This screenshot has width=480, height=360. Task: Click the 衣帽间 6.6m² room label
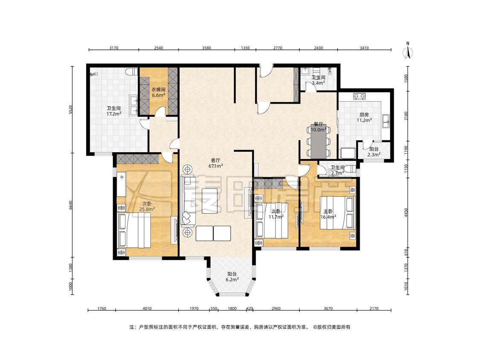click(159, 93)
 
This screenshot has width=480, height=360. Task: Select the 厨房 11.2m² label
click(364, 118)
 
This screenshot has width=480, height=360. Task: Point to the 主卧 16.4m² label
click(328, 214)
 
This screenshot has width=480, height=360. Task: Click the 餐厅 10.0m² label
click(318, 127)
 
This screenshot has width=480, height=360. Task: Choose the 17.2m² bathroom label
click(113, 111)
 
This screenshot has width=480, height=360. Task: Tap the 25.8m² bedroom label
click(147, 206)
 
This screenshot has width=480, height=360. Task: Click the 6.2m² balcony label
click(232, 277)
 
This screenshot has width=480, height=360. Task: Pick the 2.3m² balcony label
click(374, 152)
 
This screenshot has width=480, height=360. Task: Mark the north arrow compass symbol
click(407, 50)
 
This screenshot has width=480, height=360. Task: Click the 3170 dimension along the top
click(113, 48)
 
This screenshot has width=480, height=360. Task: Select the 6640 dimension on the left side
click(71, 205)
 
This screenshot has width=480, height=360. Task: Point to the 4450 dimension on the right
click(406, 213)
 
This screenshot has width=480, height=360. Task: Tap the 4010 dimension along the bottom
click(147, 308)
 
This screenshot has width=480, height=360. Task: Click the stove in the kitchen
click(359, 96)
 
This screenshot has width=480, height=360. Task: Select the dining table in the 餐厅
click(318, 141)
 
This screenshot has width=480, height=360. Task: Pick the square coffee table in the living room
click(209, 201)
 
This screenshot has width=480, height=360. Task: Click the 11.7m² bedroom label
click(276, 214)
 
